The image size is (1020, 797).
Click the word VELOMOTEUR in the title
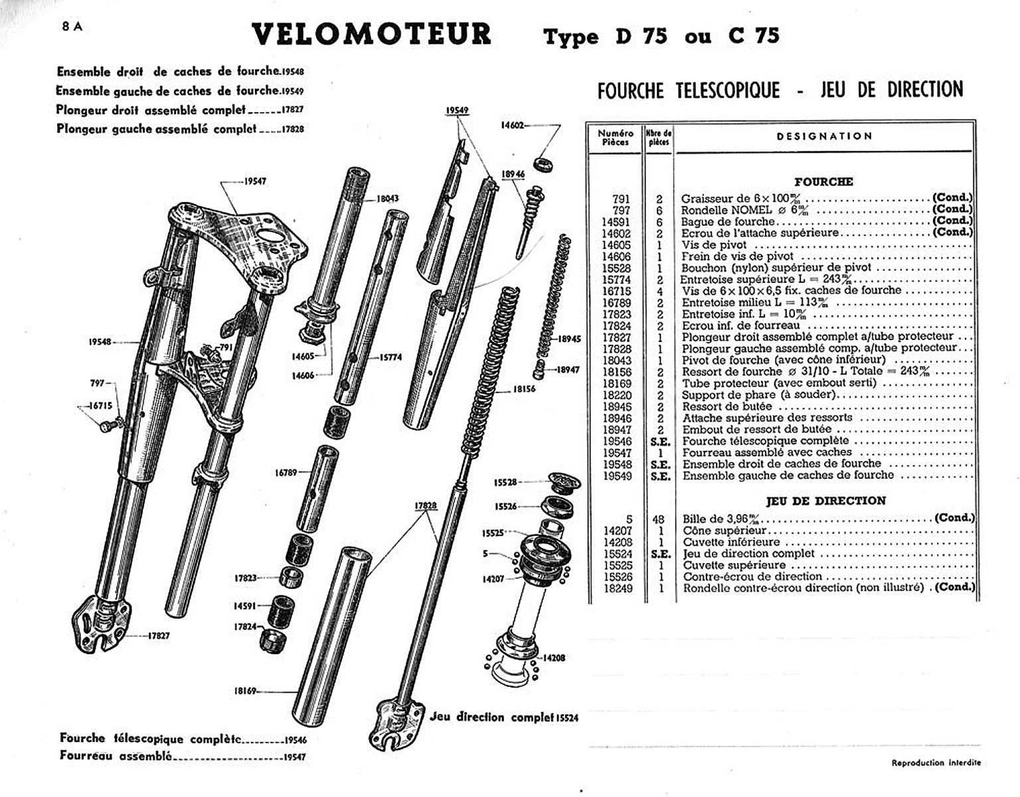tap(371, 35)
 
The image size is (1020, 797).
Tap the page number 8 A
tap(72, 27)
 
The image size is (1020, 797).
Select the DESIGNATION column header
tap(824, 136)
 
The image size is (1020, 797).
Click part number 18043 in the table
tap(616, 360)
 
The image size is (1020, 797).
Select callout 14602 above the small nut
tap(512, 125)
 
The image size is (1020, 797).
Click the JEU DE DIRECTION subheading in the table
tap(825, 501)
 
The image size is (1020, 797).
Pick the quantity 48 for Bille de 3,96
tap(659, 519)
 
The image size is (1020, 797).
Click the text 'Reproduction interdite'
tap(936, 763)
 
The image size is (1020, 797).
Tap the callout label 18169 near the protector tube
tap(246, 691)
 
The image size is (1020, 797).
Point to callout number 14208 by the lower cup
tap(553, 658)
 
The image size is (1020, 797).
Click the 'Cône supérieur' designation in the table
tap(724, 531)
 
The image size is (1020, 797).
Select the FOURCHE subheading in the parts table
tap(823, 181)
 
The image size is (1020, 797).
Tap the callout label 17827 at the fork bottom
tap(158, 636)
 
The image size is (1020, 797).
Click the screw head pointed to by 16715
tap(106, 427)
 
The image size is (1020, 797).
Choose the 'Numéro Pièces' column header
tap(615, 137)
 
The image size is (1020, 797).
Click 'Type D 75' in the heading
tap(606, 36)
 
